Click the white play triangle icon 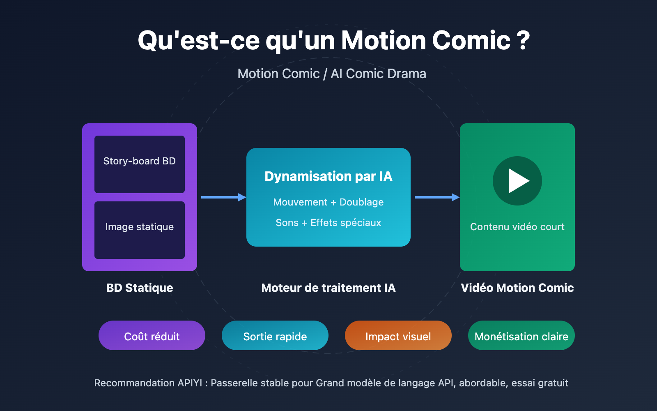click(x=518, y=181)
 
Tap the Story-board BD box click(x=140, y=164)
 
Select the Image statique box click(x=140, y=230)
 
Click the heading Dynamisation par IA click(x=328, y=176)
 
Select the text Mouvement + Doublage click(x=328, y=202)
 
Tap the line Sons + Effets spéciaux click(x=328, y=223)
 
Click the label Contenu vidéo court click(x=517, y=227)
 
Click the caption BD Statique click(x=140, y=288)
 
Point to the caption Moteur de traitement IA click(x=328, y=288)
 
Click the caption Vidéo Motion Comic click(x=517, y=288)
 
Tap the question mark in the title click(x=523, y=40)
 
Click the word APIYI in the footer click(x=190, y=383)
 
